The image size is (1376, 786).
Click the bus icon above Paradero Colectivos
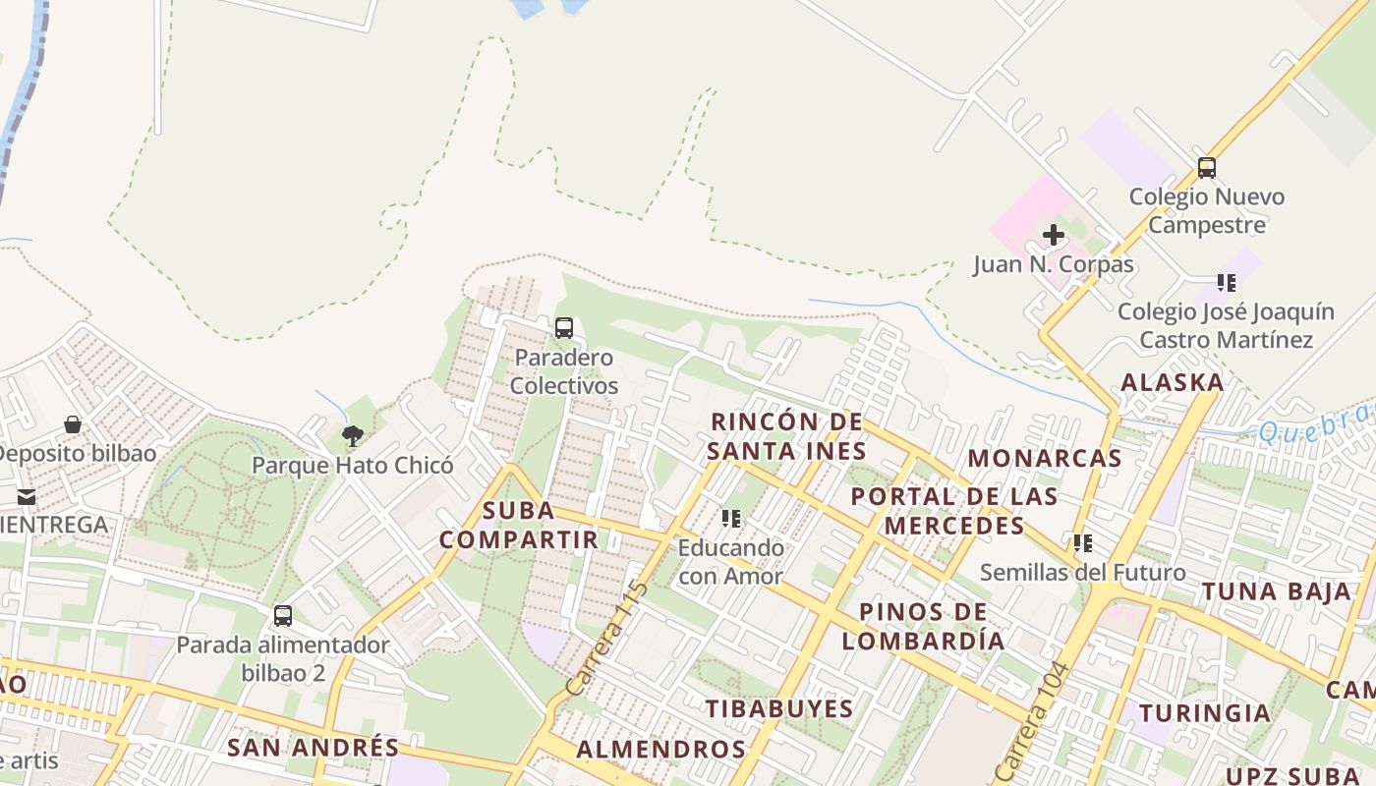[x=564, y=328]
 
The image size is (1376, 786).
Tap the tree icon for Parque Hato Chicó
[x=352, y=435]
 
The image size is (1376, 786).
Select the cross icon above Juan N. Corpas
[x=1054, y=235]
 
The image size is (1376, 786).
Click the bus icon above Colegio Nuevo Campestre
[x=1207, y=168]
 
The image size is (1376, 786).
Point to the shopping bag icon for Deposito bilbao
[x=73, y=424]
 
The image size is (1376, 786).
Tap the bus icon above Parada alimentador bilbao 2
[x=283, y=616]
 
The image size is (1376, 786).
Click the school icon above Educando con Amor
[x=731, y=518]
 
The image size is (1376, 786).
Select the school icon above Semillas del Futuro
[x=1083, y=542]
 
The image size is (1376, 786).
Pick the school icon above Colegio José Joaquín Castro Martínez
[x=1227, y=283]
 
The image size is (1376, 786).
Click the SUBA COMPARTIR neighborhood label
[x=518, y=525]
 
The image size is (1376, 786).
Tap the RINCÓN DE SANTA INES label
[x=787, y=436]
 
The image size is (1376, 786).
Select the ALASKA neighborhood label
[x=1173, y=382]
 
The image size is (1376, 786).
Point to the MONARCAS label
[x=1045, y=458]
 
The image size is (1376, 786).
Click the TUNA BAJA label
[x=1277, y=591]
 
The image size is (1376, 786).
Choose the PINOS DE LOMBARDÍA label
[x=923, y=626]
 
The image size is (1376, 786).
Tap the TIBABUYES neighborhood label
[x=779, y=708]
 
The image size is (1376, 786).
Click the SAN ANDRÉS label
[x=314, y=747]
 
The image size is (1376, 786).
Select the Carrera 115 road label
[x=607, y=638]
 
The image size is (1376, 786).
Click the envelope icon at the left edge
[x=26, y=496]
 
